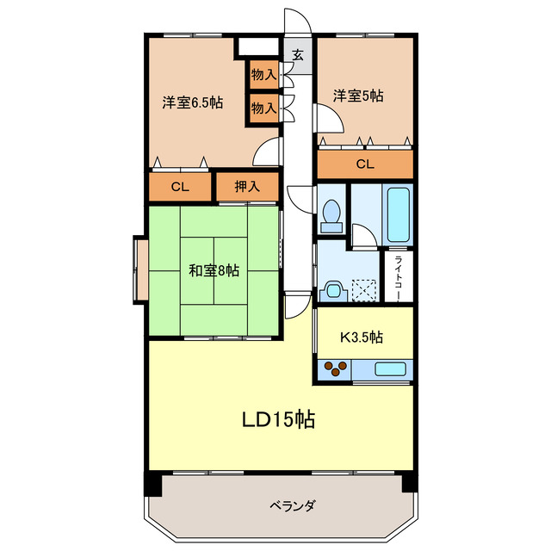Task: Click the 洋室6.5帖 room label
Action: pos(193,102)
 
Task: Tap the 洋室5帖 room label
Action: pos(359,96)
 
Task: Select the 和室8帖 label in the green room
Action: pos(214,270)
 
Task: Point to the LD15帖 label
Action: pos(276,420)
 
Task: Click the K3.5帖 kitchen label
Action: pos(362,337)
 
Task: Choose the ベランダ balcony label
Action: pos(280,505)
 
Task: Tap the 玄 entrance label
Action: pos(297,56)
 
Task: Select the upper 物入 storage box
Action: pos(263,75)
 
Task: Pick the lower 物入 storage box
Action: pos(263,108)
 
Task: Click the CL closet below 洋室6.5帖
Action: pos(179,187)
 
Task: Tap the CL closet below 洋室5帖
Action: pos(365,164)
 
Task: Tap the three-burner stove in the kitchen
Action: pos(335,369)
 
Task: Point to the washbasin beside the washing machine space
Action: pos(333,291)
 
